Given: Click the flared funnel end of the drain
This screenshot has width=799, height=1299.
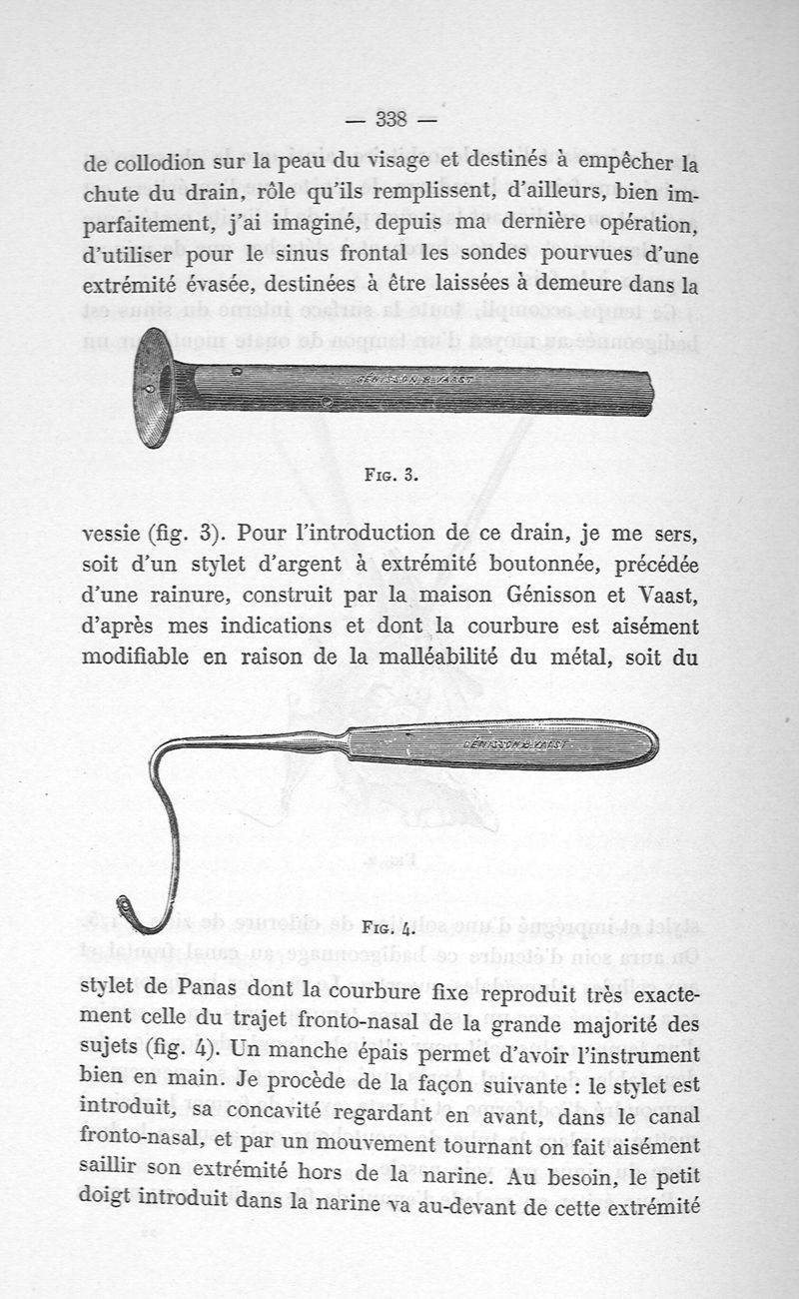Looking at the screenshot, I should [x=154, y=387].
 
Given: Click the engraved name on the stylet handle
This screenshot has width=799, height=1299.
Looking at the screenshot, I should [x=515, y=744].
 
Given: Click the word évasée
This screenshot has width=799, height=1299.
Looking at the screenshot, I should [x=232, y=287].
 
